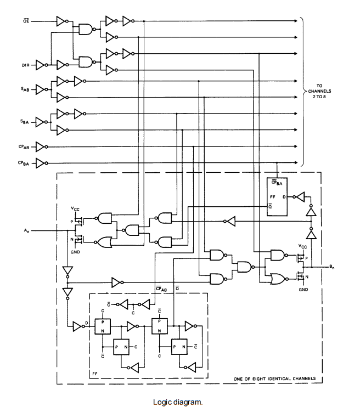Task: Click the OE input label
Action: [26, 21]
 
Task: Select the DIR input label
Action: [26, 65]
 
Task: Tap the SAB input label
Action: [25, 89]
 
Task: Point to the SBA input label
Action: [25, 122]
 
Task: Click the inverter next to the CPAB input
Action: [41, 146]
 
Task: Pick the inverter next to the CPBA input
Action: [41, 163]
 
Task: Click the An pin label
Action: [27, 231]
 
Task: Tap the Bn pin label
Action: [331, 267]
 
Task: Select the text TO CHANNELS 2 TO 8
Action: [319, 91]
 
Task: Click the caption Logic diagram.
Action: [178, 402]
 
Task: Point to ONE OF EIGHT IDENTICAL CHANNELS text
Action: [274, 379]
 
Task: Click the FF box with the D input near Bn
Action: [277, 197]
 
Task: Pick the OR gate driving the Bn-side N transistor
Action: [278, 279]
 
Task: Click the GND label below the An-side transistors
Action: [75, 252]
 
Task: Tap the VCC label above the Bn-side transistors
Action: [302, 246]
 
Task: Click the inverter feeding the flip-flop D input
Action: [78, 326]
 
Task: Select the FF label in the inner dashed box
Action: [95, 374]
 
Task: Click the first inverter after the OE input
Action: [62, 21]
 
